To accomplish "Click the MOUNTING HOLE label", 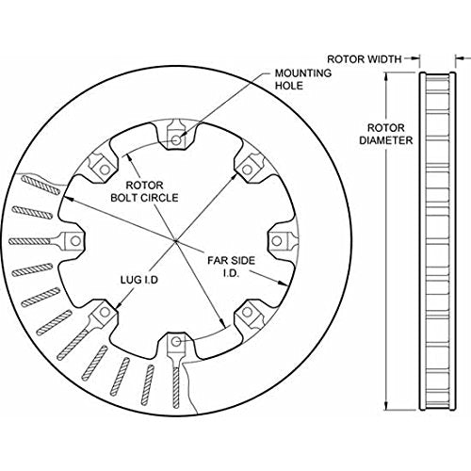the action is (303, 79).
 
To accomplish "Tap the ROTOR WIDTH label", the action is (365, 59).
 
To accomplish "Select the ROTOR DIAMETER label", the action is (386, 134).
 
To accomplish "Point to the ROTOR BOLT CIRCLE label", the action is (144, 191).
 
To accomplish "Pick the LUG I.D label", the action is (139, 280).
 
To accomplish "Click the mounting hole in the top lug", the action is (177, 140).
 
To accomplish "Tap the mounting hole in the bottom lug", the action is (176, 342).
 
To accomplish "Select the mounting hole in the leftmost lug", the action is (75, 241).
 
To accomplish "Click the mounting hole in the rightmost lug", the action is (276, 241).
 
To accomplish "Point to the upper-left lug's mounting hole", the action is (105, 170).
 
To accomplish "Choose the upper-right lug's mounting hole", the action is (248, 170).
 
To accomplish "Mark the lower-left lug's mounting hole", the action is (105, 312).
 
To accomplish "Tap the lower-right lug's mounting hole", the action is (248, 312).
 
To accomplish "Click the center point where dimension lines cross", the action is (175, 241).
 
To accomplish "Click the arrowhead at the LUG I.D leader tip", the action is (119, 304).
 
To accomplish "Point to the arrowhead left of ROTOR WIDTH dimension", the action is (416, 58).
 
